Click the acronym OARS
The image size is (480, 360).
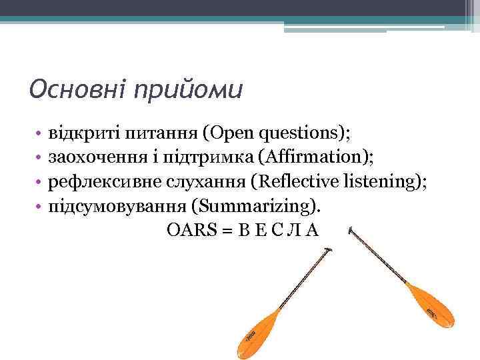189,230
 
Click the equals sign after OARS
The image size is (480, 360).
226,231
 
